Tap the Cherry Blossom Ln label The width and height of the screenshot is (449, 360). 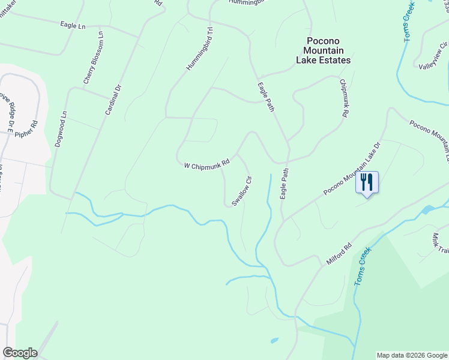(x=92, y=58)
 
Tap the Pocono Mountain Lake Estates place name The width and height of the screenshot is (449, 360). (x=324, y=50)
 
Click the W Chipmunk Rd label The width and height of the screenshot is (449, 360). (x=207, y=163)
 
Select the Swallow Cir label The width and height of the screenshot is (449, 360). (x=241, y=191)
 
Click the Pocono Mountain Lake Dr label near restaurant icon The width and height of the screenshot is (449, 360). (x=352, y=169)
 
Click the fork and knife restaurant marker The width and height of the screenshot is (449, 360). (x=367, y=181)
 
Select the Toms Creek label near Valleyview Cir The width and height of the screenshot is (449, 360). (x=409, y=21)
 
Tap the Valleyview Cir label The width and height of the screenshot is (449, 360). (x=433, y=58)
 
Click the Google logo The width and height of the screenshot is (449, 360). (x=20, y=353)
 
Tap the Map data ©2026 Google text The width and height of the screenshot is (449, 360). (x=412, y=355)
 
